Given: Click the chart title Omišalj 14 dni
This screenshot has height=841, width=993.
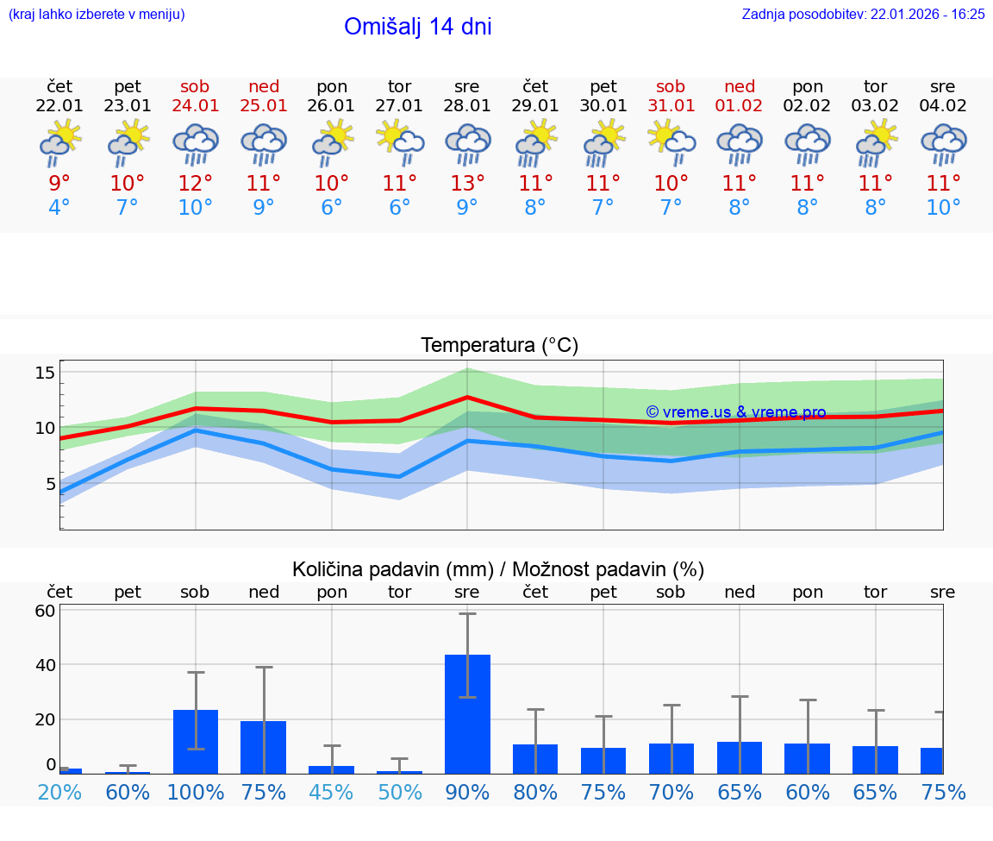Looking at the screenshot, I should coord(417,27).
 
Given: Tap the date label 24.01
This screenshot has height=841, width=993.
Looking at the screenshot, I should coord(196,106).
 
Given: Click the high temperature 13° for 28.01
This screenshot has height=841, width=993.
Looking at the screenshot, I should coord(467,183).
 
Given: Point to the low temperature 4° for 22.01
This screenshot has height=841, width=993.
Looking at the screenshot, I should coord(59,208).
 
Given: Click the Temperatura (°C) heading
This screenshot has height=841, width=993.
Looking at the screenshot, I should coord(499,346).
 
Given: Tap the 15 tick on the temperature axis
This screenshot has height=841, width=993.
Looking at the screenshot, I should coord(46,373).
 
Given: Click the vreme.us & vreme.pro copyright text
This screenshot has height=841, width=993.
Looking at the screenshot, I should coord(735,412).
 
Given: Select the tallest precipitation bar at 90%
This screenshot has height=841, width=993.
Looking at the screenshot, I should coord(467,713).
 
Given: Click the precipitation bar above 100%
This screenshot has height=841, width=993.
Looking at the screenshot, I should coord(196,741).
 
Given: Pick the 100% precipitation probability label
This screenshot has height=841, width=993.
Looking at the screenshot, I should coord(196,793).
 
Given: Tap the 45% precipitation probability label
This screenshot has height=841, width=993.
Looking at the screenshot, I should coord(332,793).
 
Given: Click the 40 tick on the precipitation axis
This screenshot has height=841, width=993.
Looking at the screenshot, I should coord(46,665).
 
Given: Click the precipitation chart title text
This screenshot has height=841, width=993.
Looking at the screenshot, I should coord(498,569).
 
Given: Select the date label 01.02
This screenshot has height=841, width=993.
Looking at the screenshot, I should coord(740,106).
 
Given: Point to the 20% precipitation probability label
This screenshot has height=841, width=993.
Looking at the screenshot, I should coord(59,793).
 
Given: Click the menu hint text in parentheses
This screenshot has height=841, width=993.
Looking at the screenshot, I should coord(97,14).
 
